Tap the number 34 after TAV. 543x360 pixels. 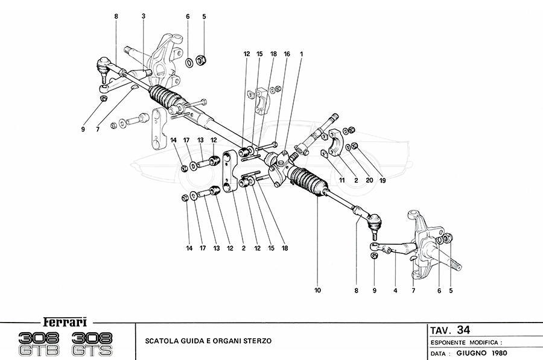(463, 330)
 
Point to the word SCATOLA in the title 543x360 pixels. (162, 340)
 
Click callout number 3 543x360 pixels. (144, 17)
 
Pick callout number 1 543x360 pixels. (302, 54)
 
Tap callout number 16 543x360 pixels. (287, 54)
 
